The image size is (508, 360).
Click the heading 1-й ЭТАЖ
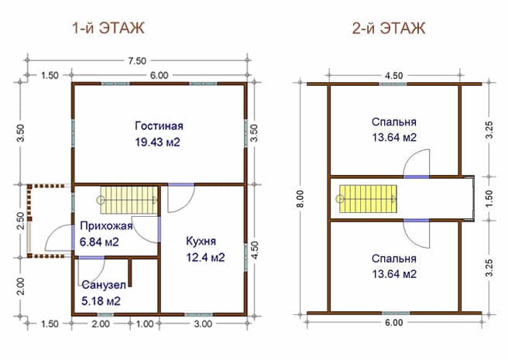tap(108, 28)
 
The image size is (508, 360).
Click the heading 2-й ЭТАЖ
tap(389, 28)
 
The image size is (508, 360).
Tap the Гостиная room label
tap(159, 125)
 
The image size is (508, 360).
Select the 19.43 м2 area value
tap(157, 142)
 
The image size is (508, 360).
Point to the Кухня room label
tap(201, 242)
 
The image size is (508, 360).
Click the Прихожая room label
tap(106, 226)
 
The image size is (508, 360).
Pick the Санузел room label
tap(104, 285)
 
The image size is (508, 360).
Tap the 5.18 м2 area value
tap(101, 301)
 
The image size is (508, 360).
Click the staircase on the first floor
tap(129, 200)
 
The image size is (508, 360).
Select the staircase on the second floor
tap(368, 199)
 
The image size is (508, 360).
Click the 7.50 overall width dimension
tap(137, 60)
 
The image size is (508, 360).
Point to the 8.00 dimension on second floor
tap(300, 199)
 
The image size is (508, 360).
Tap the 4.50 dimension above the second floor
tap(393, 76)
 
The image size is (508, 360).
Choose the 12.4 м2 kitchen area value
tap(205, 258)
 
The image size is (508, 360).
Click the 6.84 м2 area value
tap(99, 242)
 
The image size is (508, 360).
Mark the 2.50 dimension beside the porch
tap(21, 221)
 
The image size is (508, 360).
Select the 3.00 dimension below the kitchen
tap(203, 324)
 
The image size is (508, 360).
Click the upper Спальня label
tap(394, 122)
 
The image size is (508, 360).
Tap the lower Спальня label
tap(394, 259)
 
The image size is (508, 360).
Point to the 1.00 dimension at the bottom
tap(145, 324)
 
